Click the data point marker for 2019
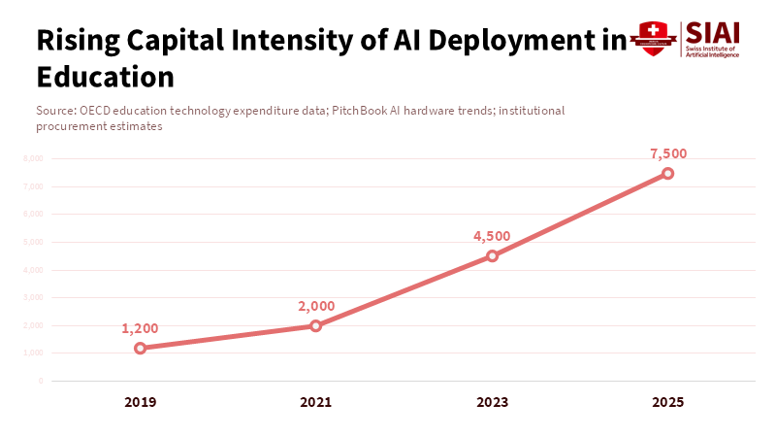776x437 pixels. click(141, 348)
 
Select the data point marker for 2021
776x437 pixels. click(316, 325)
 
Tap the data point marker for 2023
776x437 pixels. click(492, 256)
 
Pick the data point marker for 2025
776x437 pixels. click(667, 174)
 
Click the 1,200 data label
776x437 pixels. click(140, 328)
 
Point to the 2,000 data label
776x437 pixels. click(316, 306)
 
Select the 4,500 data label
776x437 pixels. click(492, 236)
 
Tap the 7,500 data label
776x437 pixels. click(667, 153)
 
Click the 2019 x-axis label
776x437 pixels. click(141, 402)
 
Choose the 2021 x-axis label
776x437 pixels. click(316, 402)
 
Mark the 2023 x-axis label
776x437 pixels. click(492, 402)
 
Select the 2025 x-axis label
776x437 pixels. click(667, 402)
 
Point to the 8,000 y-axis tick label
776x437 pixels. click(33, 158)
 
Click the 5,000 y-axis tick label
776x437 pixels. click(33, 242)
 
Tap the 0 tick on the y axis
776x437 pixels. click(41, 381)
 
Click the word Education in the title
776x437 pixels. click(105, 75)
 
